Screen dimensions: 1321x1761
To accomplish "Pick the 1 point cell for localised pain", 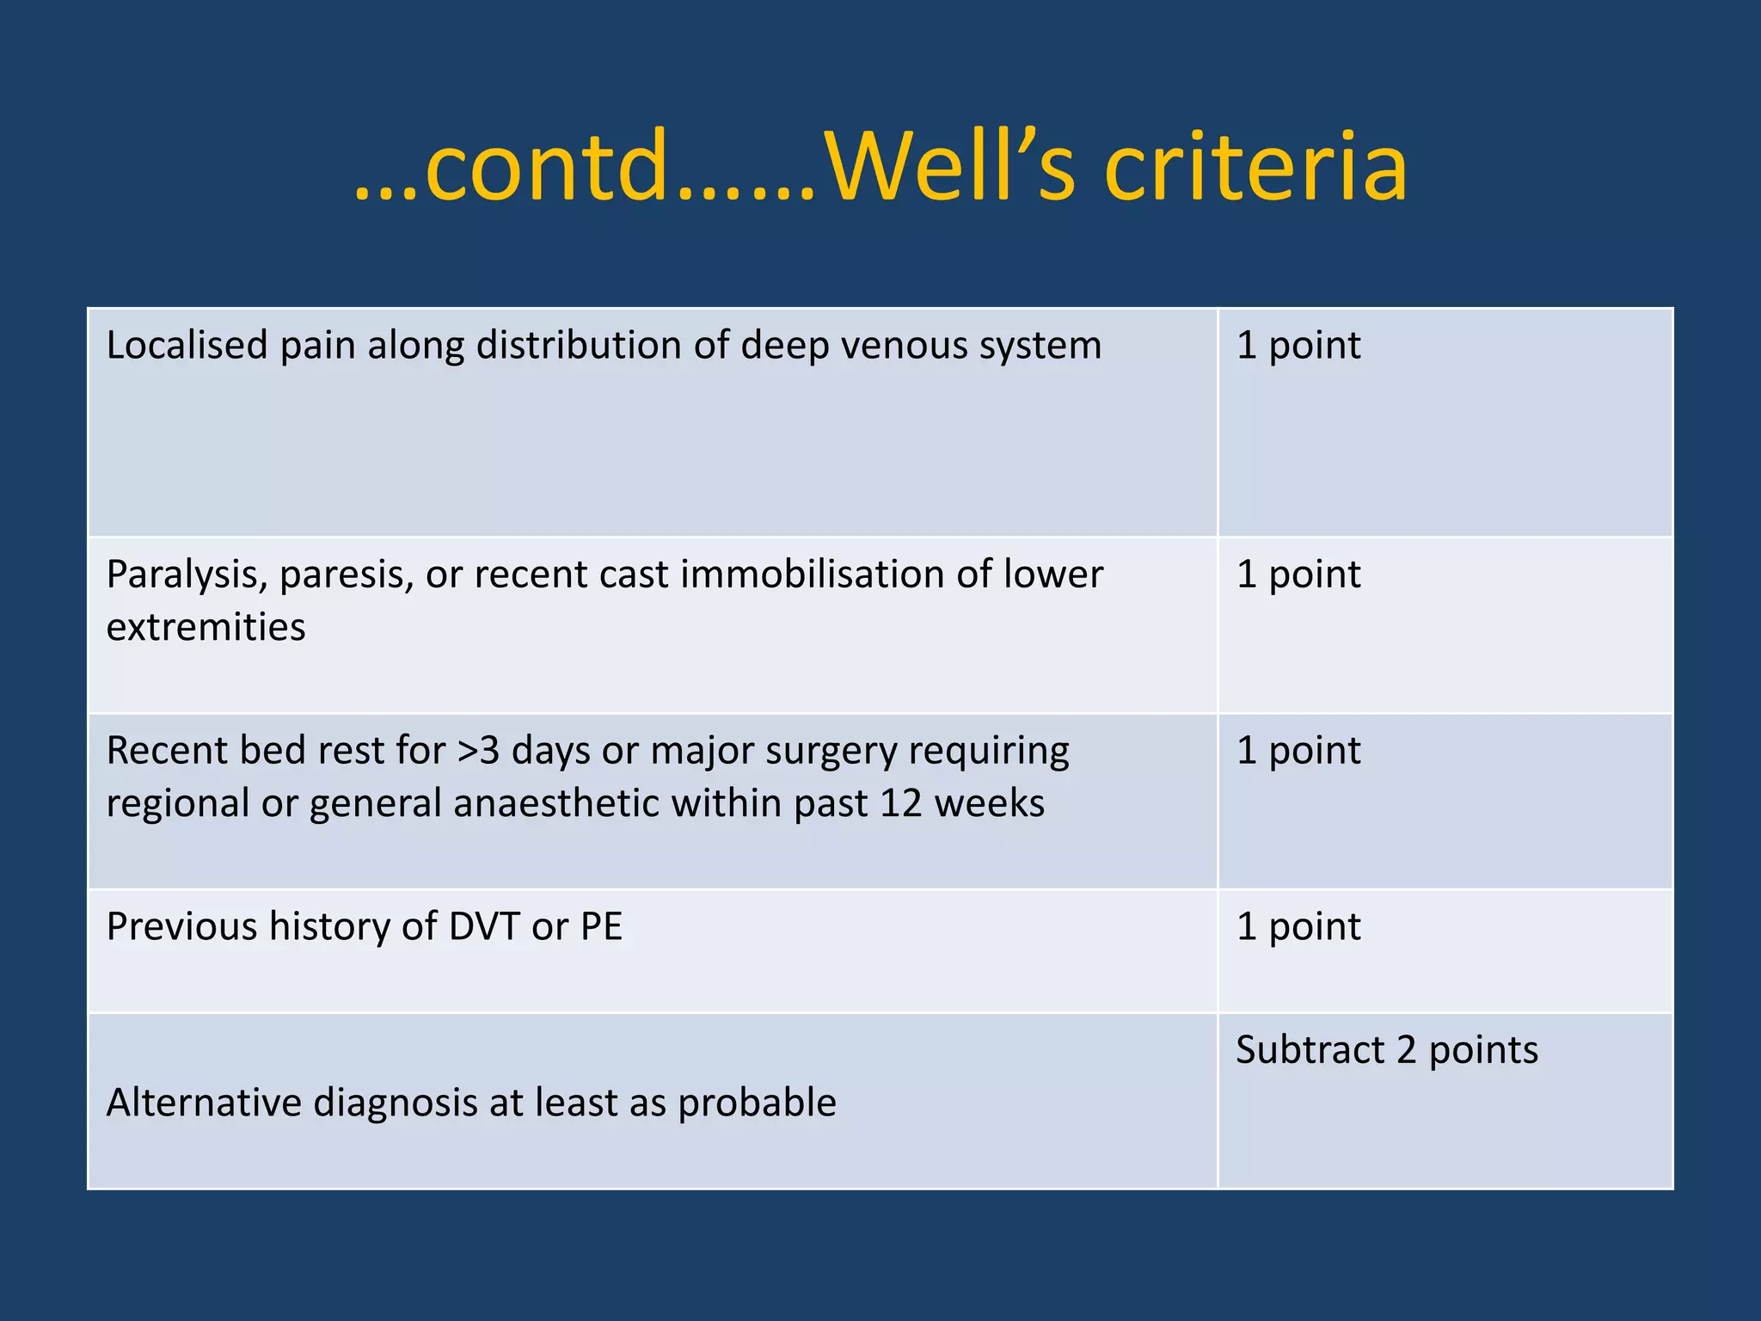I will (1298, 345).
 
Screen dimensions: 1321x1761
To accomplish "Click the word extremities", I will (206, 627).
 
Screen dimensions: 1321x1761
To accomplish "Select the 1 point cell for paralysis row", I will (1298, 574).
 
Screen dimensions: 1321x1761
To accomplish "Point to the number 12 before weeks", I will (900, 803).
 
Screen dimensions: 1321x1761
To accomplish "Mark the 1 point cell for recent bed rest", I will (1298, 751).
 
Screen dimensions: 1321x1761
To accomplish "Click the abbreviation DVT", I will (484, 927).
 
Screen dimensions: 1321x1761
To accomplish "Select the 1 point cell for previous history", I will (1298, 927).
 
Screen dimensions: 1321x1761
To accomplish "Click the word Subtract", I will (1310, 1050).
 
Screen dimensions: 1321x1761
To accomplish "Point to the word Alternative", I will (204, 1103).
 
